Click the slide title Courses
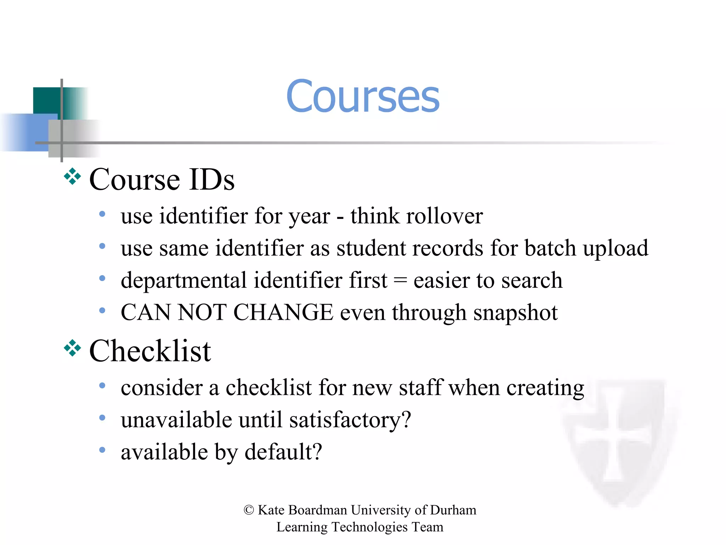[363, 97]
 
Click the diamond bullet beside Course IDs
[72, 176]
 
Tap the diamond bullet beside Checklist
[72, 348]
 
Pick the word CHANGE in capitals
[283, 313]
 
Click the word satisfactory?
[350, 420]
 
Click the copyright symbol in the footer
[249, 510]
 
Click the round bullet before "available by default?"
[102, 450]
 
